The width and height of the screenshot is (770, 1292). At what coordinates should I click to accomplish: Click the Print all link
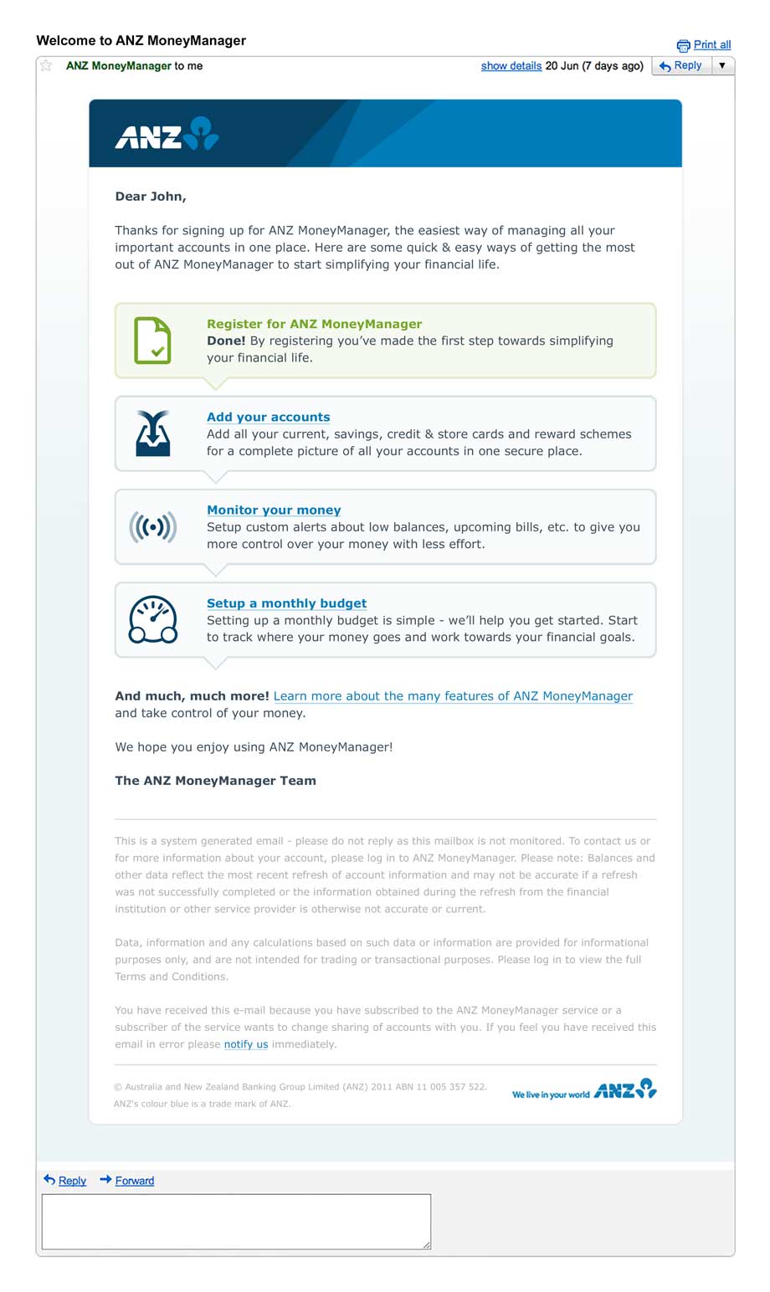pyautogui.click(x=711, y=45)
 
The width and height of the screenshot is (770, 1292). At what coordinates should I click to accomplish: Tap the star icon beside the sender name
pyautogui.click(x=46, y=65)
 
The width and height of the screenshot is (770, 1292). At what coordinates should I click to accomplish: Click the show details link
pyautogui.click(x=511, y=65)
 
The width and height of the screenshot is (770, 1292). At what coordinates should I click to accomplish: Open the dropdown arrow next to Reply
pyautogui.click(x=722, y=65)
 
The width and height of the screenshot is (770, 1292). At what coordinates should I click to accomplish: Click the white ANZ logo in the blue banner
pyautogui.click(x=167, y=134)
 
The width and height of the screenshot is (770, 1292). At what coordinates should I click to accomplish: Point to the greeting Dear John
pyautogui.click(x=151, y=197)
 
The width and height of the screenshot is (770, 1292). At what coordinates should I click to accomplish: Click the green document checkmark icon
pyautogui.click(x=152, y=341)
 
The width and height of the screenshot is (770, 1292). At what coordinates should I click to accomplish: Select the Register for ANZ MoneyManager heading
pyautogui.click(x=314, y=324)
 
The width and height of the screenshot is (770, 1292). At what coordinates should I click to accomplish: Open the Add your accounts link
pyautogui.click(x=268, y=417)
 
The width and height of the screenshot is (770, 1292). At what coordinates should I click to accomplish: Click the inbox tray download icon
pyautogui.click(x=152, y=433)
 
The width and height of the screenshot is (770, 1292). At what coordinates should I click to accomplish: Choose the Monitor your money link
pyautogui.click(x=274, y=510)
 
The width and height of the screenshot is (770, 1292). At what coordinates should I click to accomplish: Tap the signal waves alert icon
pyautogui.click(x=152, y=526)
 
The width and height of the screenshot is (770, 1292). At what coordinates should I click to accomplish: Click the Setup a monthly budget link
pyautogui.click(x=286, y=602)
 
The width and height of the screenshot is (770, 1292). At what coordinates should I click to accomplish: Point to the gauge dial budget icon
pyautogui.click(x=152, y=620)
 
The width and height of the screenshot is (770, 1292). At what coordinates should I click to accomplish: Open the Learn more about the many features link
pyautogui.click(x=453, y=695)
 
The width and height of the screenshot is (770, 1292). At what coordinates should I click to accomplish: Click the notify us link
pyautogui.click(x=245, y=1044)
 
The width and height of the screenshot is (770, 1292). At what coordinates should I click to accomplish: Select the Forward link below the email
pyautogui.click(x=134, y=1181)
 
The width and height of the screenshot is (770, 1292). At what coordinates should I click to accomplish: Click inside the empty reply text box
pyautogui.click(x=236, y=1222)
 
